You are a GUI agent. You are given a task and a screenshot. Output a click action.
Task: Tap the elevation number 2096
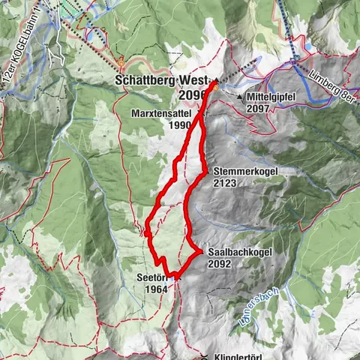193,94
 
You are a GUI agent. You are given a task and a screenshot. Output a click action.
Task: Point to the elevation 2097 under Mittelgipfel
259,109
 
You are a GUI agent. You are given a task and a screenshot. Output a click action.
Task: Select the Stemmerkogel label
245,171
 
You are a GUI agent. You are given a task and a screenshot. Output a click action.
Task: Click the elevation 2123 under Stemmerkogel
226,182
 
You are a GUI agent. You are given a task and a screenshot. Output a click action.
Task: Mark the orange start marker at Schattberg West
213,87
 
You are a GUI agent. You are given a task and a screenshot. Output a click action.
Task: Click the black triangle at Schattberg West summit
215,80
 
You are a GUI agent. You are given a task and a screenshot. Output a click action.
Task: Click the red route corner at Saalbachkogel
201,252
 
